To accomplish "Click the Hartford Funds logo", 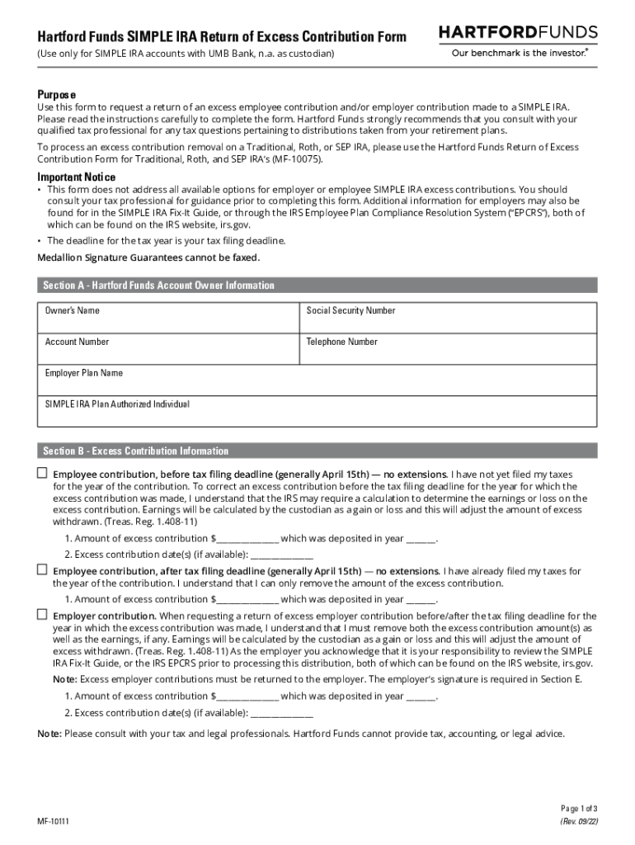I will point(518,32).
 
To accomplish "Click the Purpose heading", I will point(56,94).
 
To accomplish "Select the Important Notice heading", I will point(76,177).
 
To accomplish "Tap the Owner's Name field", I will point(167,319).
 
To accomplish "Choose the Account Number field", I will point(167,350).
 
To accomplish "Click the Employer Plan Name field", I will point(317,380).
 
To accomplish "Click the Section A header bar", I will point(317,286).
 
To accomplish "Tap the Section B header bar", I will point(317,451).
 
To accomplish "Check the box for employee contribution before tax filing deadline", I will point(42,474).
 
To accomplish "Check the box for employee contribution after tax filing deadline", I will point(42,569).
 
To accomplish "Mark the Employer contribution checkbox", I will point(42,615).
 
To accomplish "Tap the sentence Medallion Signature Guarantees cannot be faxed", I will point(148,257).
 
